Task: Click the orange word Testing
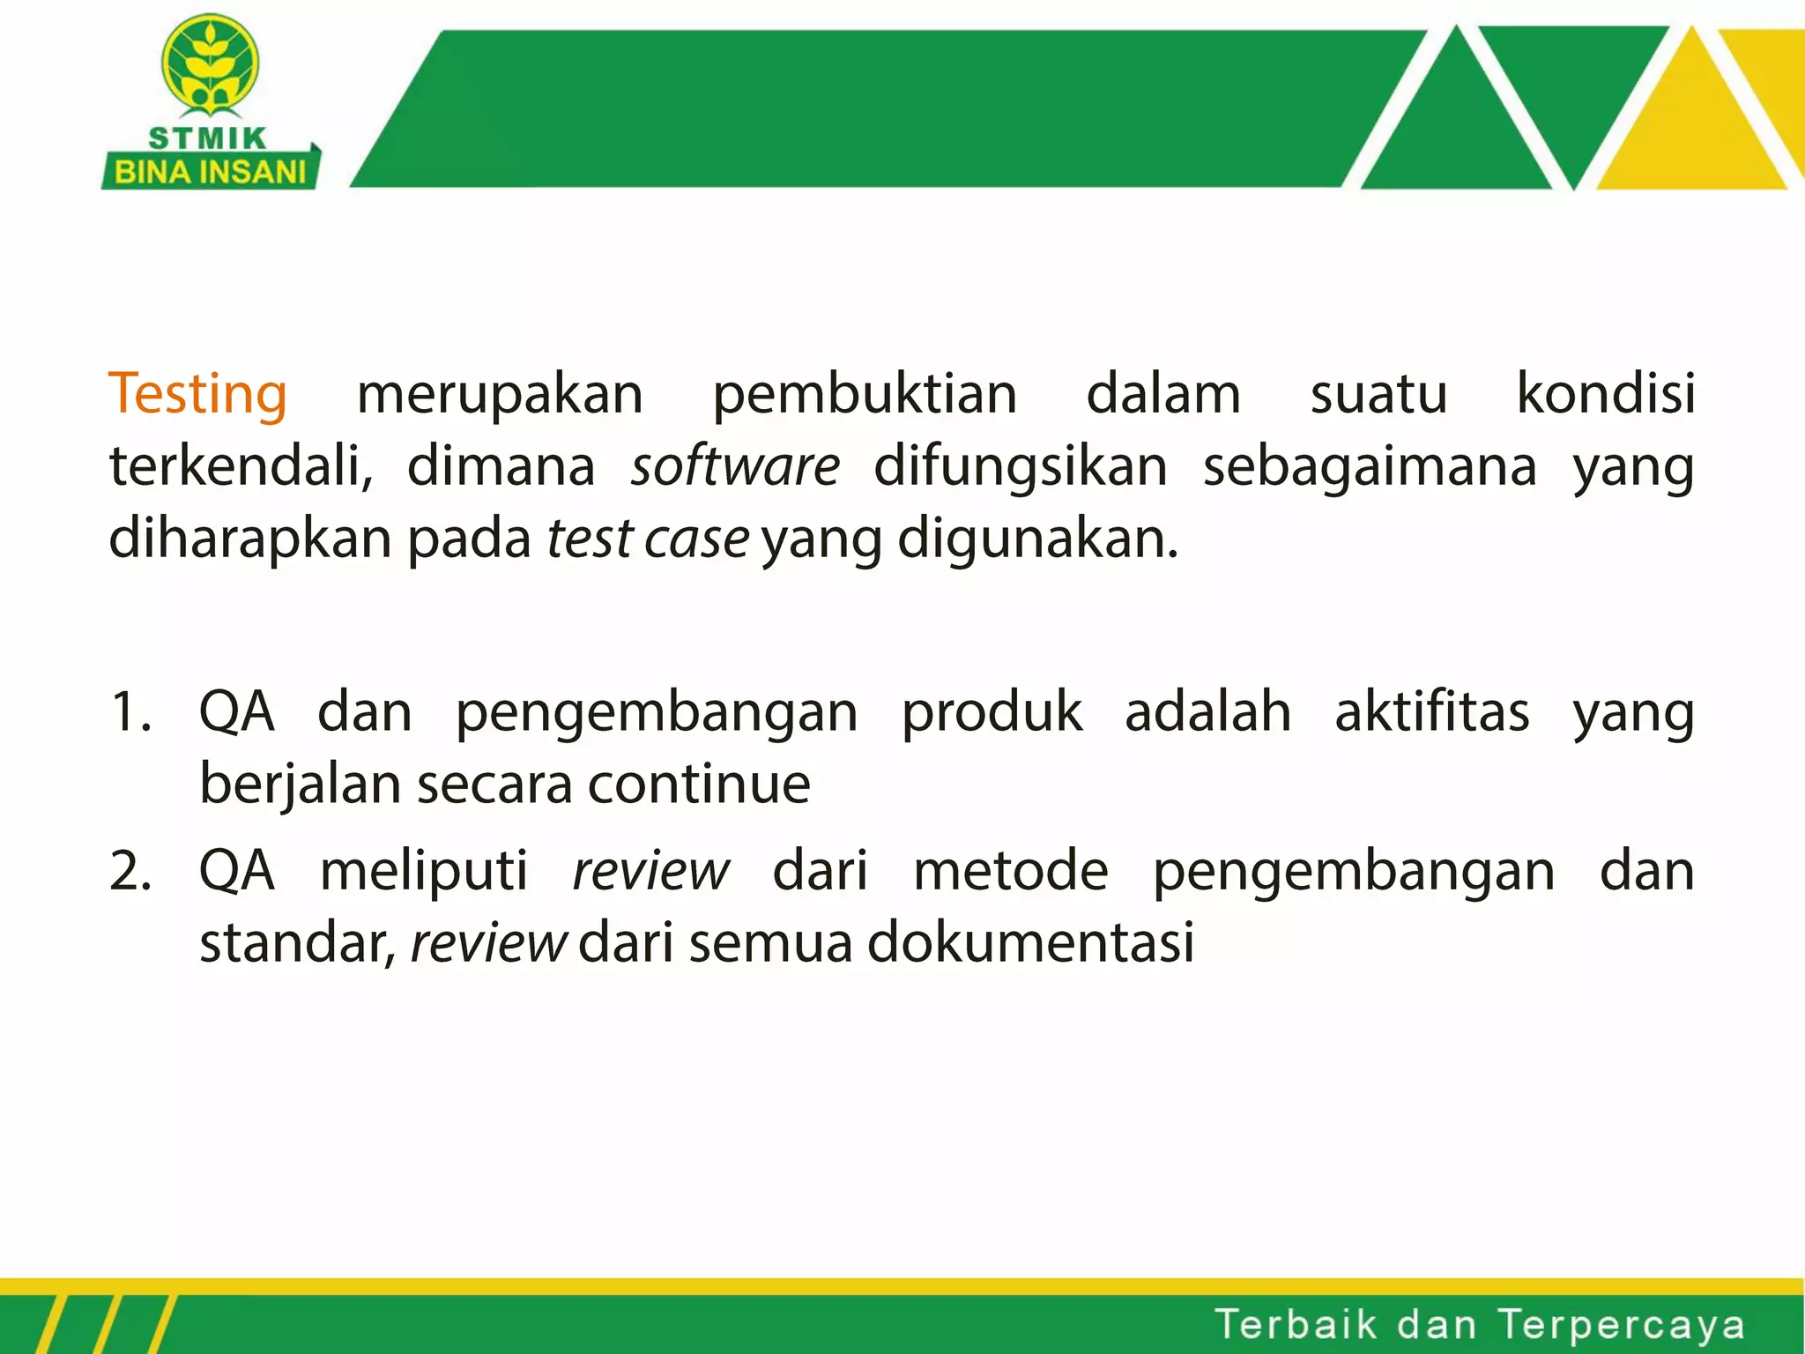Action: click(197, 393)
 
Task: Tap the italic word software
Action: click(735, 465)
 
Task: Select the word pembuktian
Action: click(864, 393)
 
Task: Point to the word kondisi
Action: click(1605, 393)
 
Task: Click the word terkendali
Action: click(241, 465)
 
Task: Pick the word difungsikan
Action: click(1020, 465)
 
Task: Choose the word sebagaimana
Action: click(1370, 465)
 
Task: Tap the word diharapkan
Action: click(249, 538)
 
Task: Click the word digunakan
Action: click(1036, 538)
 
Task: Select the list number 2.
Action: click(130, 871)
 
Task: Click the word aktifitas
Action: click(1431, 711)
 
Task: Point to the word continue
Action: click(698, 784)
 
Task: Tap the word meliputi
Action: click(424, 871)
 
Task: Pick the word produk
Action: click(992, 711)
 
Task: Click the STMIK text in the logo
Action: click(208, 138)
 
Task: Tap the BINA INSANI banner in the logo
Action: click(210, 171)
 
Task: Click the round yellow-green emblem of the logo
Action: click(210, 65)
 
